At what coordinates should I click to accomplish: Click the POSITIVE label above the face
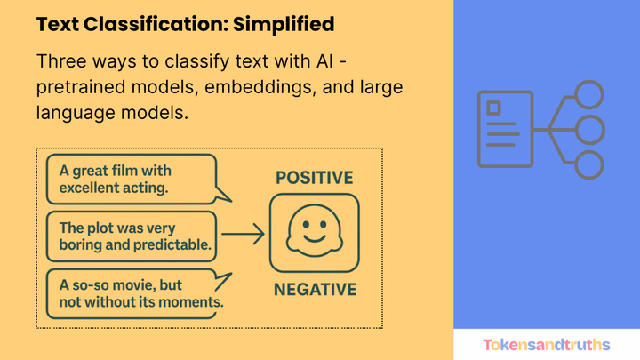(314, 177)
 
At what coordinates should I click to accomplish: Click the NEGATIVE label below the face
(315, 289)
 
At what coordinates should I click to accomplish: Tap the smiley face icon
(315, 233)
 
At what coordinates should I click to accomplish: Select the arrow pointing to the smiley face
(243, 235)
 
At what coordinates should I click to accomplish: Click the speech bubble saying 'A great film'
(129, 179)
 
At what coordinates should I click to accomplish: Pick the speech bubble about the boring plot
(129, 235)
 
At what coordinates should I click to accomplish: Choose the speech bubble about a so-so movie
(129, 293)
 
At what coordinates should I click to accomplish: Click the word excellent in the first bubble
(89, 188)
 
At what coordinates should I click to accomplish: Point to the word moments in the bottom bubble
(189, 302)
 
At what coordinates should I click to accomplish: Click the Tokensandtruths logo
(546, 344)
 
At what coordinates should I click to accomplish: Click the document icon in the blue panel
(503, 129)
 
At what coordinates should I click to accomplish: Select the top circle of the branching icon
(588, 95)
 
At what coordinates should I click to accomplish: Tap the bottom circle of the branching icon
(588, 164)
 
